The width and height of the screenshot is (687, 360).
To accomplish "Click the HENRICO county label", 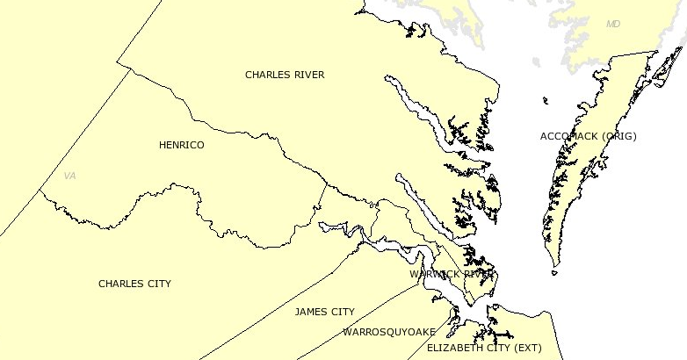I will pos(181,145).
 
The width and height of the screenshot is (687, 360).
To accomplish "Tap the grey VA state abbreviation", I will pos(70,176).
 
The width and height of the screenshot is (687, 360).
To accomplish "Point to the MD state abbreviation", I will pos(613,25).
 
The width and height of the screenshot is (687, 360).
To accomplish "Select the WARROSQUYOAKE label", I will pos(388,332).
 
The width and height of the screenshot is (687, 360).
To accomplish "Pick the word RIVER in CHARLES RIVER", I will pos(308,75).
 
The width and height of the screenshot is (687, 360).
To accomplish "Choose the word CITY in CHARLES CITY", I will pos(159,284).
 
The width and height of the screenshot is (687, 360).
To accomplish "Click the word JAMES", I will pos(312,312).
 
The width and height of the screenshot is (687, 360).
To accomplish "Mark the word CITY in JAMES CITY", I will pos(343,312).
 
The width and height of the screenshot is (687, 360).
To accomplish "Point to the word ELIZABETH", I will pos(453,348).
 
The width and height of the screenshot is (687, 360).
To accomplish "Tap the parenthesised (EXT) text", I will pos(528,348).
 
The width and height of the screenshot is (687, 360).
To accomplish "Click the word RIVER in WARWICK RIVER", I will pos(479,274).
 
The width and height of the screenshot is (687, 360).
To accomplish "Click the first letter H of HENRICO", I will pos(163,145).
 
